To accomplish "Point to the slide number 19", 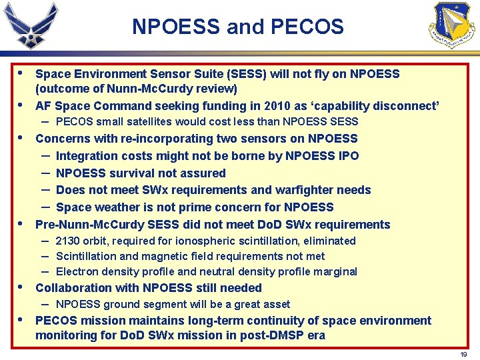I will click(x=463, y=354).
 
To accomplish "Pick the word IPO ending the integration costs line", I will click(x=347, y=156).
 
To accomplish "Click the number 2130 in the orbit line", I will click(x=69, y=241).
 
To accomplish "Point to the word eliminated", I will click(x=327, y=241).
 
